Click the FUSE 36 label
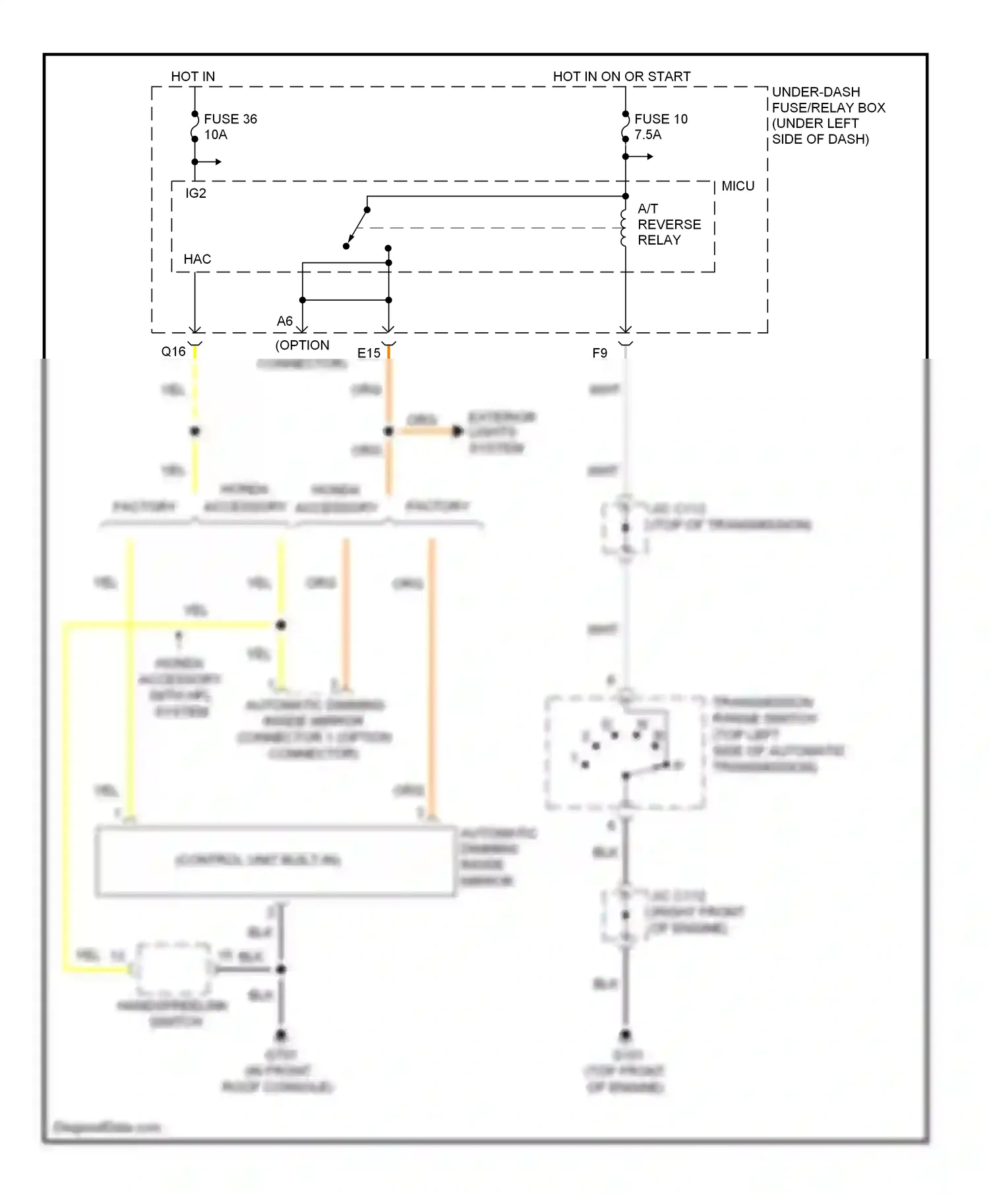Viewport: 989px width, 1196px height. [230, 119]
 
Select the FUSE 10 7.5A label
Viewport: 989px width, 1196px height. [660, 127]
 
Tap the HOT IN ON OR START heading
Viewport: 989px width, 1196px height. [621, 76]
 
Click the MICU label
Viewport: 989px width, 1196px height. [737, 186]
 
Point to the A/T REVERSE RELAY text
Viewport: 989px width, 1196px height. [668, 224]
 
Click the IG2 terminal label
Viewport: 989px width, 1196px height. [195, 193]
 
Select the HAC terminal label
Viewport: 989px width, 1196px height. [197, 259]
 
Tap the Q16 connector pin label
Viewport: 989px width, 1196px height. [173, 351]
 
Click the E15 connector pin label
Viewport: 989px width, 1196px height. [369, 353]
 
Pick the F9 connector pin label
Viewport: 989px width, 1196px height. [599, 353]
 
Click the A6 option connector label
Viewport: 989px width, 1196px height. [285, 321]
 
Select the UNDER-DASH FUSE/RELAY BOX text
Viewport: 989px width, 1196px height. [827, 115]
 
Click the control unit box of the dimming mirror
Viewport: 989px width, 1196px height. [276, 860]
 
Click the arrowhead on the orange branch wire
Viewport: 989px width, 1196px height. [458, 431]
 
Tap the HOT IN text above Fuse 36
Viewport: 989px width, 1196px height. [193, 76]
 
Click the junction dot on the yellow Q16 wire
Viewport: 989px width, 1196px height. [195, 431]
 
